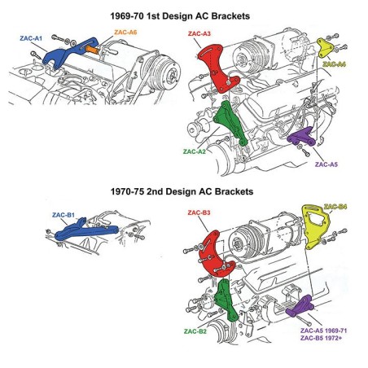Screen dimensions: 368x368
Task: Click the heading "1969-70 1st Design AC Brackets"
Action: tap(183, 15)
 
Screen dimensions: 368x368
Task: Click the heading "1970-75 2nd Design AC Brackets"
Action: tap(183, 192)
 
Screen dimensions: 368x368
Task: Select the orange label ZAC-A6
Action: tap(125, 33)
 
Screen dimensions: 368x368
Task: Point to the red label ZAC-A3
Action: tap(199, 34)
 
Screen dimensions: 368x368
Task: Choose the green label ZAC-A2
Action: tap(195, 151)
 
